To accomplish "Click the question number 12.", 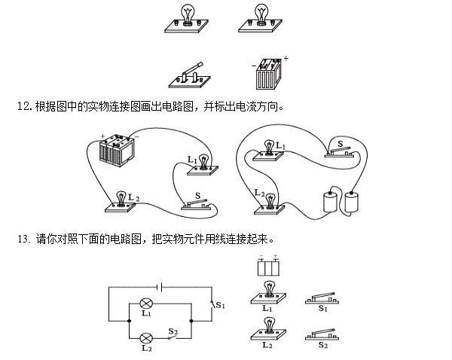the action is [23, 107].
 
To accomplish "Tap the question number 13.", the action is [23, 239].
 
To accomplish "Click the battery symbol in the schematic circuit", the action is [160, 287].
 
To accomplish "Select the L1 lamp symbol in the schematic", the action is [146, 304].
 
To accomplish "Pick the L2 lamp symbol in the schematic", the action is [146, 338].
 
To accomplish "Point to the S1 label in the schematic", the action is [220, 305].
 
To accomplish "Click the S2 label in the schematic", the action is [173, 331].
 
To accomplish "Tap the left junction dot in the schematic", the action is [129, 321].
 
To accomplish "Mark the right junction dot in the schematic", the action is [191, 321].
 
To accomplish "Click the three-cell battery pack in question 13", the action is [268, 267].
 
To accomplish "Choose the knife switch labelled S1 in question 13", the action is [322, 298].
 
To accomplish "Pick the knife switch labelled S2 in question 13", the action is [322, 334].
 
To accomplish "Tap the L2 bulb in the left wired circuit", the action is [120, 202].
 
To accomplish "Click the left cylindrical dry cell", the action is [330, 202].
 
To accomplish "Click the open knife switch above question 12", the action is [190, 75].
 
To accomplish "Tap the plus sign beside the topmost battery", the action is [286, 59].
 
